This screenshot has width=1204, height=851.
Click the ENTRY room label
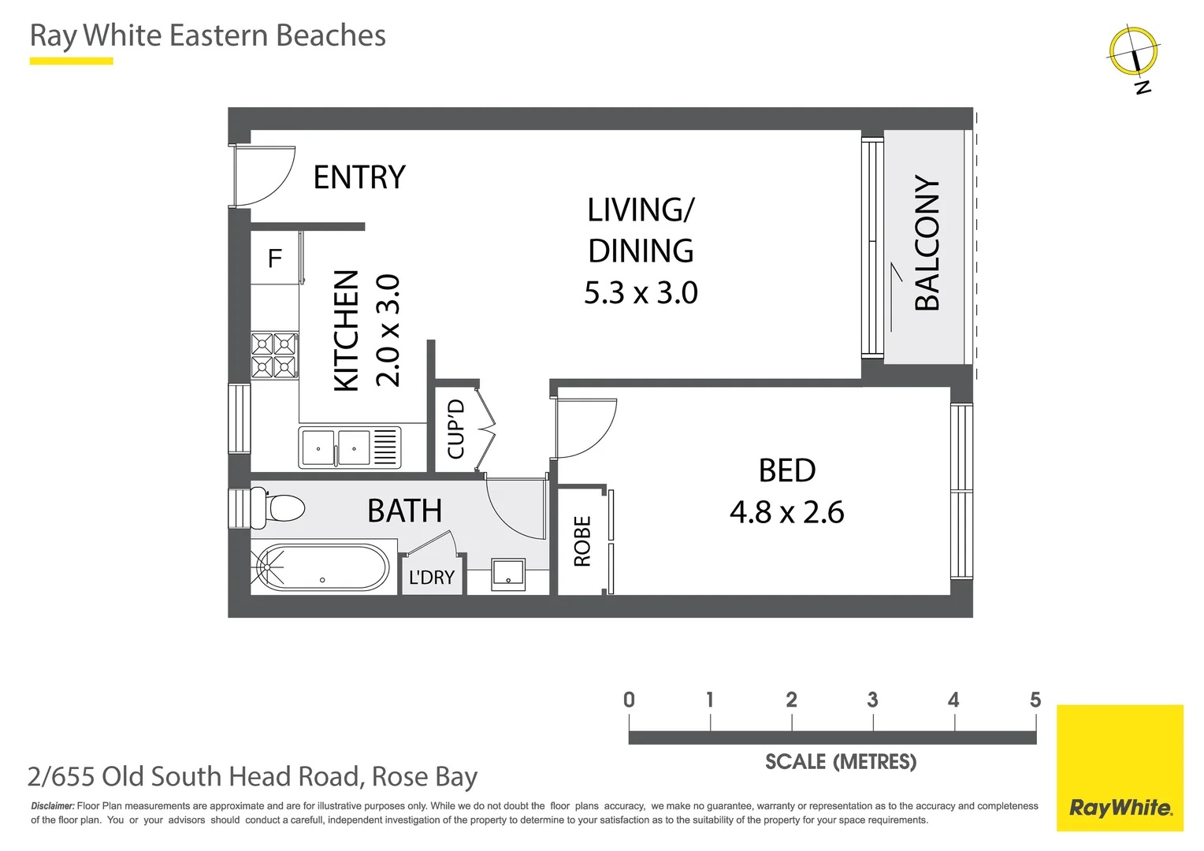pos(359,177)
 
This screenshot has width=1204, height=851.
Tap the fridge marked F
pos(274,258)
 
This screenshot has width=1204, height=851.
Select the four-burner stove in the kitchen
pos(274,355)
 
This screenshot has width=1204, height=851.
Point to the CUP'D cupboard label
pos(456,429)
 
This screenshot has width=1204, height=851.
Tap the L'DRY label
pos(432,578)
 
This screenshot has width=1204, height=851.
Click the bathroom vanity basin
pos(508,574)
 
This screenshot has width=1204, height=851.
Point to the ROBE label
pos(582,541)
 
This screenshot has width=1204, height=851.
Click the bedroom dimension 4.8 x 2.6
pos(786,512)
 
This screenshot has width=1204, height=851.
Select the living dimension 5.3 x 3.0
pos(641,293)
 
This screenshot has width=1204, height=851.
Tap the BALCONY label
pos(927,243)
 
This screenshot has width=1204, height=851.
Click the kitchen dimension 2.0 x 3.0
pos(388,330)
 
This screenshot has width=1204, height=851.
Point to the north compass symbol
pos(1134,52)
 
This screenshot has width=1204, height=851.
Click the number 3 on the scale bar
pos(872,700)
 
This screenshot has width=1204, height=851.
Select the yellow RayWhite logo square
pos(1120,767)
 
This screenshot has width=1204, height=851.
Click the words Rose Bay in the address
pos(425,777)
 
